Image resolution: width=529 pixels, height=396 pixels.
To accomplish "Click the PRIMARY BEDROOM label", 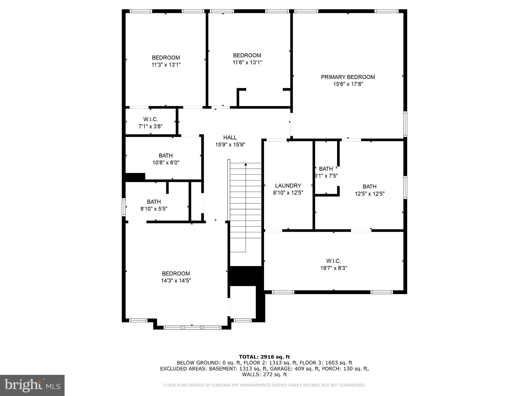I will point(348,77).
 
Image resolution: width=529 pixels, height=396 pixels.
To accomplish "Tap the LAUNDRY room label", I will point(288,186).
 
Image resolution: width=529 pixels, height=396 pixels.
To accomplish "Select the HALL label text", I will point(230,138).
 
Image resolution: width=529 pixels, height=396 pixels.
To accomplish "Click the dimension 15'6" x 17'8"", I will point(348,84).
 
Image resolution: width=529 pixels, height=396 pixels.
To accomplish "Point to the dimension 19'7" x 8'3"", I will point(333,268).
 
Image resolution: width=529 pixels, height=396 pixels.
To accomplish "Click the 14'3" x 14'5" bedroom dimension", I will point(176,280).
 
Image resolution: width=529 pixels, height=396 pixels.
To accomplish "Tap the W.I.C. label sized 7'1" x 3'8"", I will point(150,119).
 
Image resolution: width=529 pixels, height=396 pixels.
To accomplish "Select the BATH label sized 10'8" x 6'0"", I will point(166,156).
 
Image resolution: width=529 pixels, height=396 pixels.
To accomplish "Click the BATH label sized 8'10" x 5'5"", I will point(154,202).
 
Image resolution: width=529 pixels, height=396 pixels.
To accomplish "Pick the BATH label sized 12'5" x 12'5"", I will point(369,187).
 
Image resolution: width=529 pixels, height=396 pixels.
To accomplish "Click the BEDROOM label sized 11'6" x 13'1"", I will point(247,55).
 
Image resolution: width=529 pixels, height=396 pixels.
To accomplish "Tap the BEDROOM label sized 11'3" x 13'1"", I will point(166,58).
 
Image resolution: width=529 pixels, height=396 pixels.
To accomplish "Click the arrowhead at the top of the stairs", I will point(246,164).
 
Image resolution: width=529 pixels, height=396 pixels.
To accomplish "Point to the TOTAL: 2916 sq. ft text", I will point(264,357).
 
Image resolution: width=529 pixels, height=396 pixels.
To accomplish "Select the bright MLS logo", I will point(32,385).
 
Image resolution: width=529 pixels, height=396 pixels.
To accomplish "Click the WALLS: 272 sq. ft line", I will point(264,375).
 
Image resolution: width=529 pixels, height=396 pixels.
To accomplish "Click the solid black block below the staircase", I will point(245,276).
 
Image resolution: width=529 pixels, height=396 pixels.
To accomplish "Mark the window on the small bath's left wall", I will point(124,207).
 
